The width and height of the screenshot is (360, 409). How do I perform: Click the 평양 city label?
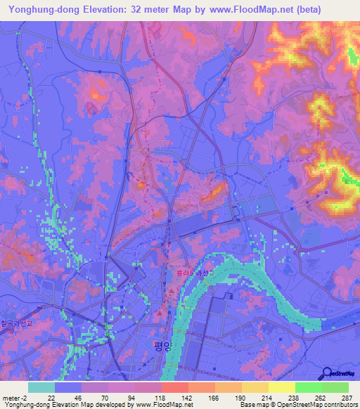pos(162,345)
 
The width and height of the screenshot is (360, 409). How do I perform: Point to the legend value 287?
pos(347,398)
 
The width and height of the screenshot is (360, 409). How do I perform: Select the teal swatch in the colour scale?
pos(41,387)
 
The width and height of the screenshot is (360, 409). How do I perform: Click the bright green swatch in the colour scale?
pos(309,387)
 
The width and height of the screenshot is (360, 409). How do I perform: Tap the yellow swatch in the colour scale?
pos(282,387)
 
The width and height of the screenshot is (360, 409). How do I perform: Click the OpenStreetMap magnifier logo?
pos(326,372)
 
